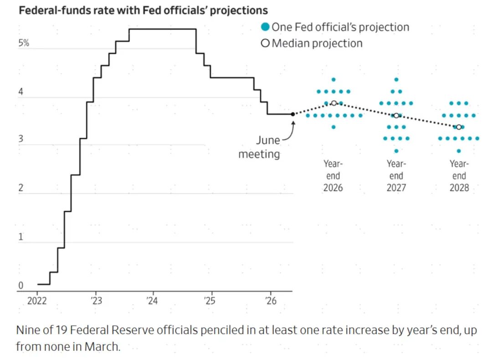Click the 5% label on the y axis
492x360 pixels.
tap(24, 43)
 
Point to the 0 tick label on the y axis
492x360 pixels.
tap(20, 285)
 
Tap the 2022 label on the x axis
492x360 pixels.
tap(37, 301)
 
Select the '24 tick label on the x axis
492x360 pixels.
tap(152, 301)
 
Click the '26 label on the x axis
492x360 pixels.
tap(271, 301)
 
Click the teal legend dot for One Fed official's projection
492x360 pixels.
tap(266, 27)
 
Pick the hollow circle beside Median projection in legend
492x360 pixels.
tap(265, 43)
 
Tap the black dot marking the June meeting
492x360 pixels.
tap(293, 114)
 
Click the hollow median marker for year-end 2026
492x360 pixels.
tap(334, 103)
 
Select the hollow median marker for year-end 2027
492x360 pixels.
tap(396, 116)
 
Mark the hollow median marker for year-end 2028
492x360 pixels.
tap(459, 127)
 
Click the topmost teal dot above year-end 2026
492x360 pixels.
tap(333, 80)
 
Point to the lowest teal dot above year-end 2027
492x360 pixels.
tap(396, 151)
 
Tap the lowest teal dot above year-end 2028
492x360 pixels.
tap(459, 151)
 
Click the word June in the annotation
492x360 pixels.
tap(268, 140)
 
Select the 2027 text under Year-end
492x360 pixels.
tap(396, 188)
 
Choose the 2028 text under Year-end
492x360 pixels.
tap(459, 188)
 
